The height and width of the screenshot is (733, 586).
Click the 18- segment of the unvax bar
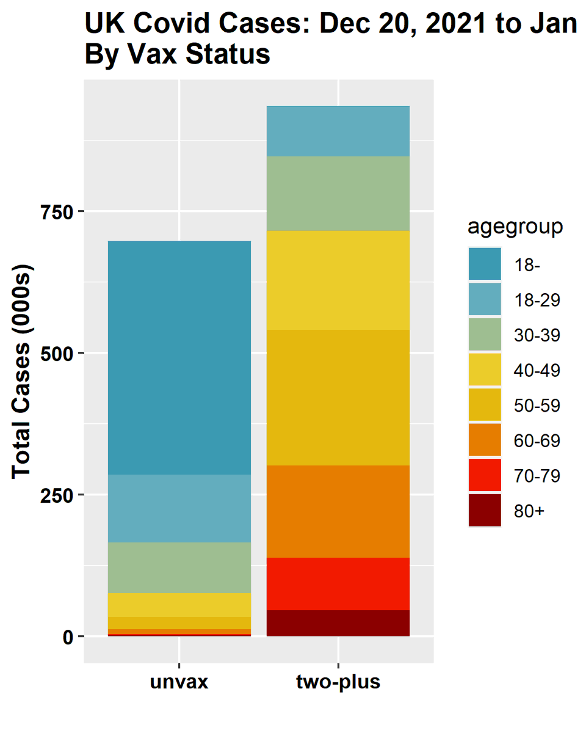click(x=179, y=357)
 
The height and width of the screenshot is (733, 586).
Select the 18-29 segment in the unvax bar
click(x=179, y=508)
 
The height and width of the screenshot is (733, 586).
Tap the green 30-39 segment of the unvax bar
click(x=179, y=567)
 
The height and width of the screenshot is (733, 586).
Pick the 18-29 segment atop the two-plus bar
click(x=338, y=131)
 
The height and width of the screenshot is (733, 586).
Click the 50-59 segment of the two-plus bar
click(x=338, y=397)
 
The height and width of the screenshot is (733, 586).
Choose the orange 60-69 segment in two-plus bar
click(x=338, y=511)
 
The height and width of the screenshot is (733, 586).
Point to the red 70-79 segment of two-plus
click(x=338, y=583)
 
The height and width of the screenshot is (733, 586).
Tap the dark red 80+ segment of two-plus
click(x=338, y=623)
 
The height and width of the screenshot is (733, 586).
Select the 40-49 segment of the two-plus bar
click(x=338, y=280)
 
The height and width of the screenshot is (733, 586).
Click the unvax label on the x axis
click(x=179, y=682)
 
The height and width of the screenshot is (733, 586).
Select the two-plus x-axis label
click(x=338, y=682)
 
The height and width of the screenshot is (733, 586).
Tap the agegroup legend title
click(x=515, y=227)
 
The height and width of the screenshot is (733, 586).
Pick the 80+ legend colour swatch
click(x=485, y=511)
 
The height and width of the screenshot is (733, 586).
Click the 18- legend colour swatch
click(x=485, y=264)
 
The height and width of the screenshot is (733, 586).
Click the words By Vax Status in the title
click(x=177, y=55)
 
